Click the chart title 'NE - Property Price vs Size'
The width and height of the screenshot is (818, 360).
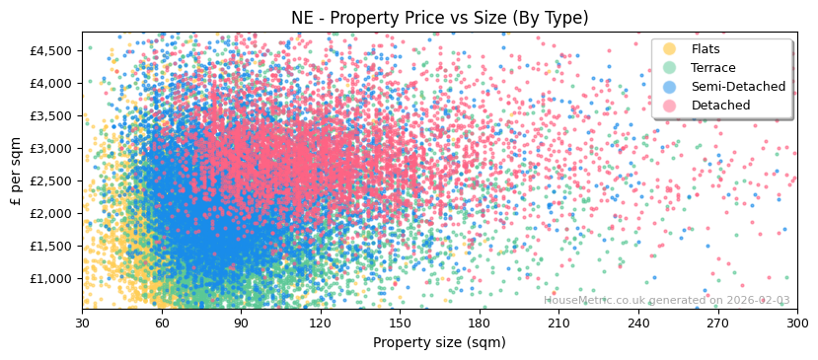439,18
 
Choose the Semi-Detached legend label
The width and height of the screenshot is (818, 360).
738,87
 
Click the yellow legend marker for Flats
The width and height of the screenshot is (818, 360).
670,49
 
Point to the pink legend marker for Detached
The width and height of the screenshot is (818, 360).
670,106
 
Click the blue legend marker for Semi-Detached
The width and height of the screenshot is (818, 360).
670,87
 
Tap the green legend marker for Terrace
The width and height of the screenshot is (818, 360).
670,68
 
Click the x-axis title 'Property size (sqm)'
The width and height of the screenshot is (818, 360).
439,343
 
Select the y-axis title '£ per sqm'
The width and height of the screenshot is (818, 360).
16,171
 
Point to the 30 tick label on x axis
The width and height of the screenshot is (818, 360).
82,323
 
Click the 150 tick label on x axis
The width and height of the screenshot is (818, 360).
400,323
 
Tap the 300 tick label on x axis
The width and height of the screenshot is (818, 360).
796,323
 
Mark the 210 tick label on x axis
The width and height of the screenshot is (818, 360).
558,323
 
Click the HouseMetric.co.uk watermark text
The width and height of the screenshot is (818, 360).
666,301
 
